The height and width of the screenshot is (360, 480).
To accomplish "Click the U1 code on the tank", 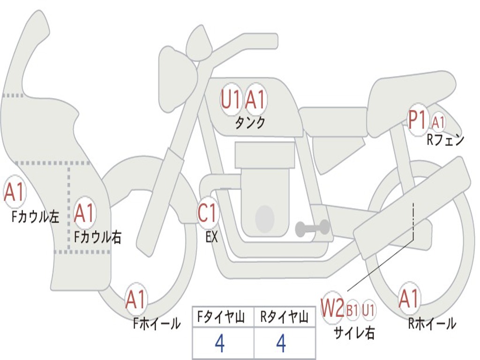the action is pos(231,99).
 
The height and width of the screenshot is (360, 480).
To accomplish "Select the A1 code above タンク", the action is pos(255,99).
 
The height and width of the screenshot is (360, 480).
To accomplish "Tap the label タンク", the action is pos(250,123).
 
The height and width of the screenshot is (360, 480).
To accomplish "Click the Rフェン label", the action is pos(445,139).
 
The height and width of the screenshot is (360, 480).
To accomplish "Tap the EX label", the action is pos(212,237).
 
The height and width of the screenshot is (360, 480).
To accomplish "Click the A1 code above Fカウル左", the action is pos(14,193).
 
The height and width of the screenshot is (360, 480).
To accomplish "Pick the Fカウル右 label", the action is pos(98,237).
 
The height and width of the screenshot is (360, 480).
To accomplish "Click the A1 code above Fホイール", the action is pos(136,300).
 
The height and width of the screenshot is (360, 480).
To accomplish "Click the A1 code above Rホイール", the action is pos(409,299).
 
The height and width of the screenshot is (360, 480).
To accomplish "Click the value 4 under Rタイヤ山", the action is pos(281,344).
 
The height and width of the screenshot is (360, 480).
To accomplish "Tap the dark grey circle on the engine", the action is pos(265,218).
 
